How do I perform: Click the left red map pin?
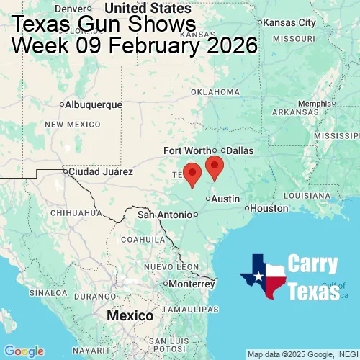tap(192, 174)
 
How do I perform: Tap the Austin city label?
tap(225, 199)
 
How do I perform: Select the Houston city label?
tap(269, 208)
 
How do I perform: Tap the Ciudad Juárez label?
tap(100, 172)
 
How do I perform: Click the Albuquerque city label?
tap(93, 105)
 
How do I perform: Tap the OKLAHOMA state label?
tap(215, 92)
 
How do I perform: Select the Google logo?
tap(23, 351)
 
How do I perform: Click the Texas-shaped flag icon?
tap(264, 276)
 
